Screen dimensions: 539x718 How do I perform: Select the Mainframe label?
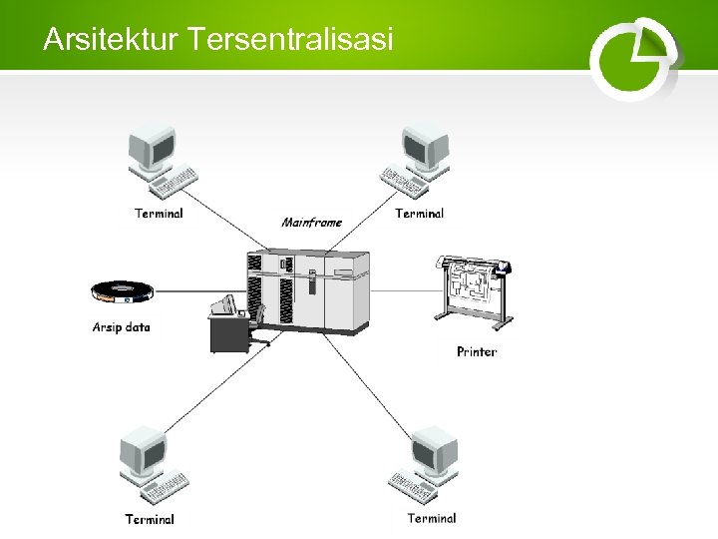(x=312, y=223)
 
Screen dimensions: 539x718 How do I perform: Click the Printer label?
(x=477, y=351)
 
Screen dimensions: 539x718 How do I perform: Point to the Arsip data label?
(x=122, y=326)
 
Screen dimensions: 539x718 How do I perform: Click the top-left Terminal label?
(x=160, y=213)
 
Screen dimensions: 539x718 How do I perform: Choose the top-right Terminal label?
(x=420, y=213)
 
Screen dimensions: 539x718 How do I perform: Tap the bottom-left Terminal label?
(x=150, y=519)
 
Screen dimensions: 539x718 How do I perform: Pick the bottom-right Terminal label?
(x=432, y=518)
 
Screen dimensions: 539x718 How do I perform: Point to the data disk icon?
(x=123, y=291)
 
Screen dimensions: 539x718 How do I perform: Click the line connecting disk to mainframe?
(x=199, y=291)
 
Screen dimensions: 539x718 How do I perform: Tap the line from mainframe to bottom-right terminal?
(x=374, y=384)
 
